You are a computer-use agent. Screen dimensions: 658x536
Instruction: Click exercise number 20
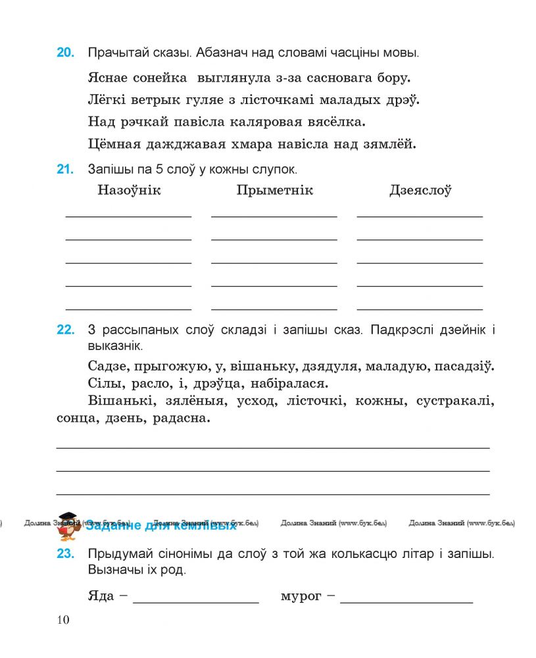[x=65, y=53]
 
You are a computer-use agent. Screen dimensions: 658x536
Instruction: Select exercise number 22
[x=65, y=330]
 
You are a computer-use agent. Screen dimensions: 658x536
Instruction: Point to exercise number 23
[x=65, y=554]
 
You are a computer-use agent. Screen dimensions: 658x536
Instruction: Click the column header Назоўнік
[x=129, y=191]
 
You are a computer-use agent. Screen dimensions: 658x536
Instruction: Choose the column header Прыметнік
[x=274, y=191]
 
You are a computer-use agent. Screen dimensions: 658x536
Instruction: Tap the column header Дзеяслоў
[x=420, y=191]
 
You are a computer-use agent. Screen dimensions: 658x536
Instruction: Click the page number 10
[x=63, y=619]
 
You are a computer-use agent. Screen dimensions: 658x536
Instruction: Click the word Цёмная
[x=113, y=143]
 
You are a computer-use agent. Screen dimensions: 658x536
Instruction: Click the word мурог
[x=301, y=597]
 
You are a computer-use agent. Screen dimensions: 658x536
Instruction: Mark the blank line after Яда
[x=196, y=601]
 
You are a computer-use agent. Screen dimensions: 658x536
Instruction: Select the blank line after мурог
[x=406, y=601]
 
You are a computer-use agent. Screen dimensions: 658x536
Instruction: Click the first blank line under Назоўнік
[x=129, y=215]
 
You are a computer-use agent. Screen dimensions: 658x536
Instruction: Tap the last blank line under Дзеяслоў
[x=420, y=308]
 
